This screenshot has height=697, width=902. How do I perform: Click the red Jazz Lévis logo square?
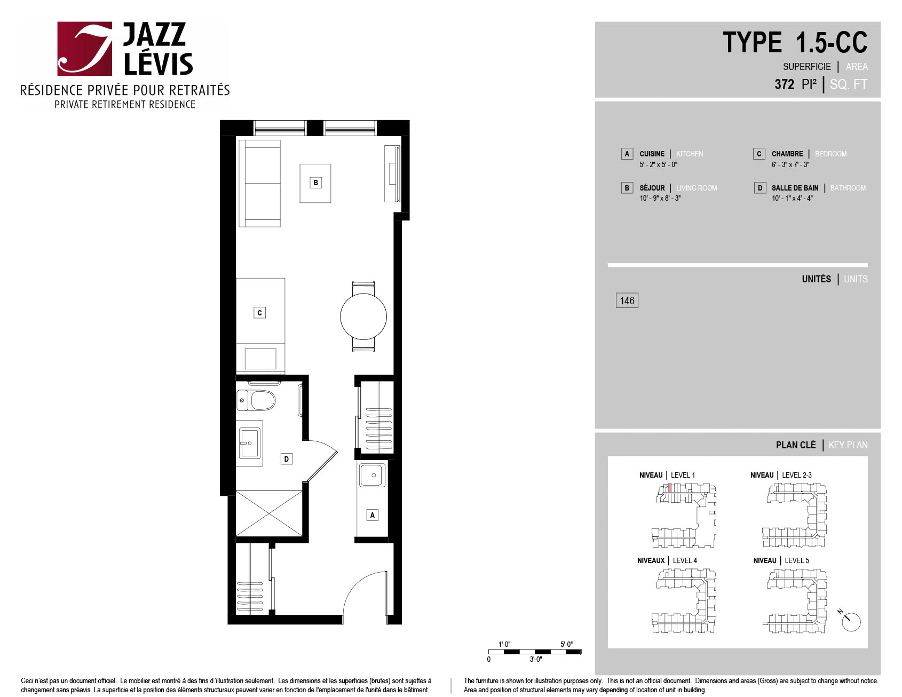[85, 49]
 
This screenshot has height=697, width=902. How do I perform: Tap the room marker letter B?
[315, 183]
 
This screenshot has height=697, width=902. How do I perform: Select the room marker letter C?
[259, 313]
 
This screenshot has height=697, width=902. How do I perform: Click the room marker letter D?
[287, 459]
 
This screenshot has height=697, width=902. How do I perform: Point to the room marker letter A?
[373, 515]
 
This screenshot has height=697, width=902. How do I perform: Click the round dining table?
[363, 316]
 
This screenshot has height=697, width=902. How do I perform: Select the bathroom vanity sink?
[249, 443]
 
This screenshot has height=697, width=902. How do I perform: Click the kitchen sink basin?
[372, 475]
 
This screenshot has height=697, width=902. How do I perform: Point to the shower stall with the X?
[269, 513]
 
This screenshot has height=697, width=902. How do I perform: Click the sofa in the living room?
[259, 184]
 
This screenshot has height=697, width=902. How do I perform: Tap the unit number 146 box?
[627, 300]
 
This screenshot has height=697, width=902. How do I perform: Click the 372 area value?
[785, 84]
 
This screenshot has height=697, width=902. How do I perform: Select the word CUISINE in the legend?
[652, 154]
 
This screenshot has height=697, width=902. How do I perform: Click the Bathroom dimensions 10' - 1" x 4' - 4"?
[792, 198]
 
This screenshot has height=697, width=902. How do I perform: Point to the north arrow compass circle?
[851, 622]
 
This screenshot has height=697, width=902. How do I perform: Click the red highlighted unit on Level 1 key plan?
[670, 488]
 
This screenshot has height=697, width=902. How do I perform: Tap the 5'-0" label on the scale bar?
[566, 644]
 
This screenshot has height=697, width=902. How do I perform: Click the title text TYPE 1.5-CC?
[795, 42]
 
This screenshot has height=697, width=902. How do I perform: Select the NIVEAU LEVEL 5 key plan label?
[781, 560]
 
